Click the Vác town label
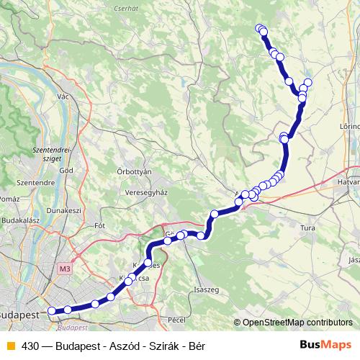coord(63,96)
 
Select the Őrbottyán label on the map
coord(134,172)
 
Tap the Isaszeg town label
coord(207,290)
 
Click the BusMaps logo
coord(326,345)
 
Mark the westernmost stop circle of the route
coord(51,311)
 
